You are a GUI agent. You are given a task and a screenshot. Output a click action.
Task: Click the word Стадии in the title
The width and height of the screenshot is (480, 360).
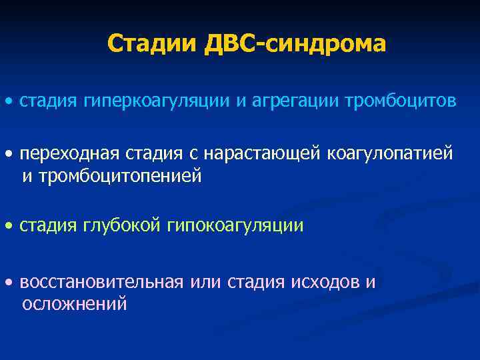click(152, 44)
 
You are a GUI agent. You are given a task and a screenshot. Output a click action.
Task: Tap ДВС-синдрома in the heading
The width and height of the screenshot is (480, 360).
click(295, 44)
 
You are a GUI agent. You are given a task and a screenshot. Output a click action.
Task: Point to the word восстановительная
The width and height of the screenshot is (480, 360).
click(101, 282)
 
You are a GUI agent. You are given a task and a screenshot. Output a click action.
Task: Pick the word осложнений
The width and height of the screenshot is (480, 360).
click(74, 304)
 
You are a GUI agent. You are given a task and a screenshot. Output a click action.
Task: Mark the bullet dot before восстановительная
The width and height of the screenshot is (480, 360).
click(7, 283)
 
